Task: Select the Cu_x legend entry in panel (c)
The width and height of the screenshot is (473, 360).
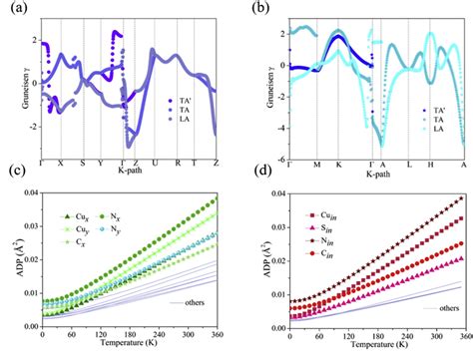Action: pyautogui.click(x=77, y=216)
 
